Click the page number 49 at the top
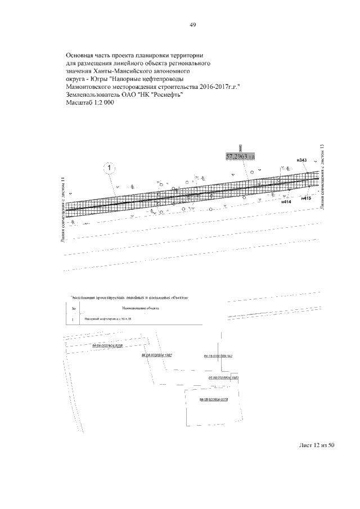(x=192, y=25)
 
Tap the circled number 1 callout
(x=109, y=168)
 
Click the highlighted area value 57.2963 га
(x=240, y=157)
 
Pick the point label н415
(x=306, y=198)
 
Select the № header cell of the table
(x=74, y=308)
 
